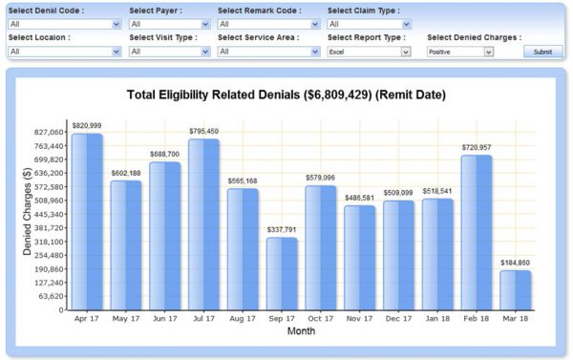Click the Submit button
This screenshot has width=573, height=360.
tap(542, 52)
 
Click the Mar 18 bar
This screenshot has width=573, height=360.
tap(516, 290)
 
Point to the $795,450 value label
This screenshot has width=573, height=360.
tap(204, 132)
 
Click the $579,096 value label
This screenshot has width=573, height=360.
tap(321, 178)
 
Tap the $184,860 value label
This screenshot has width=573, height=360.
tap(516, 263)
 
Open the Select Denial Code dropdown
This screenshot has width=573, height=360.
tap(64, 24)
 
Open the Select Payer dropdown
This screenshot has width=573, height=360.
tap(168, 24)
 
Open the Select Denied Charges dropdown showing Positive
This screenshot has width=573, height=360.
tap(459, 52)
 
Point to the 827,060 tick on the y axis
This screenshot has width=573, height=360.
tap(48, 133)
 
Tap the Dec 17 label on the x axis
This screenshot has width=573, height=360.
tap(398, 320)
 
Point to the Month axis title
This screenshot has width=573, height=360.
tap(301, 331)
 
